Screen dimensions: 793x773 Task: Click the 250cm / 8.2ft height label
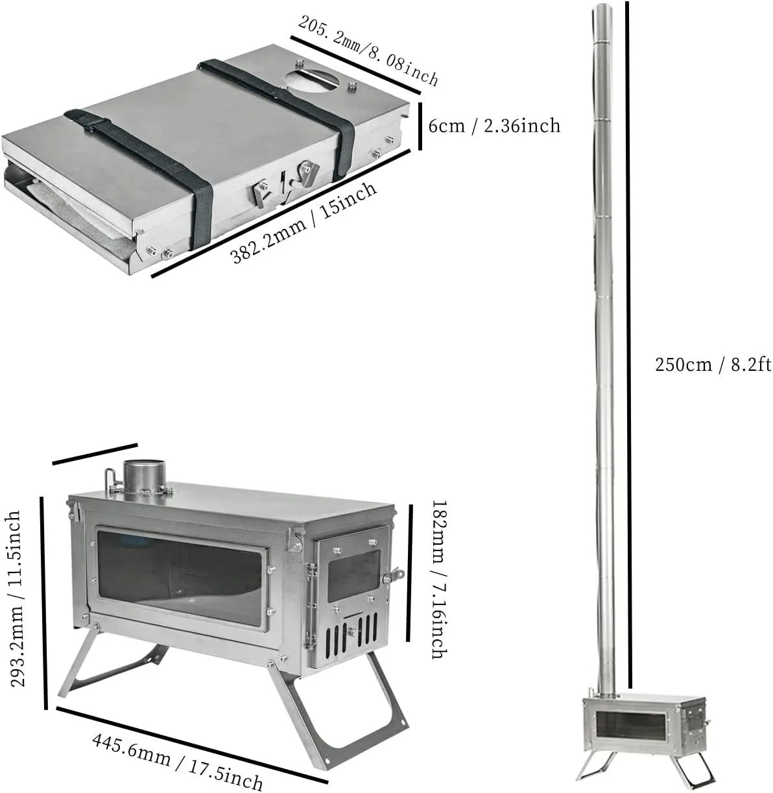pyautogui.click(x=713, y=364)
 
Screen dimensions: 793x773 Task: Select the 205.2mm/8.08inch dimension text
pyautogui.click(x=368, y=51)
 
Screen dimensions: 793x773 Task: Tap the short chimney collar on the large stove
pyautogui.click(x=142, y=477)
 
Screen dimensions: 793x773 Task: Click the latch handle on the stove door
pyautogui.click(x=394, y=574)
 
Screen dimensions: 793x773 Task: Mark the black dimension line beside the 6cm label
pyautogui.click(x=420, y=126)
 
